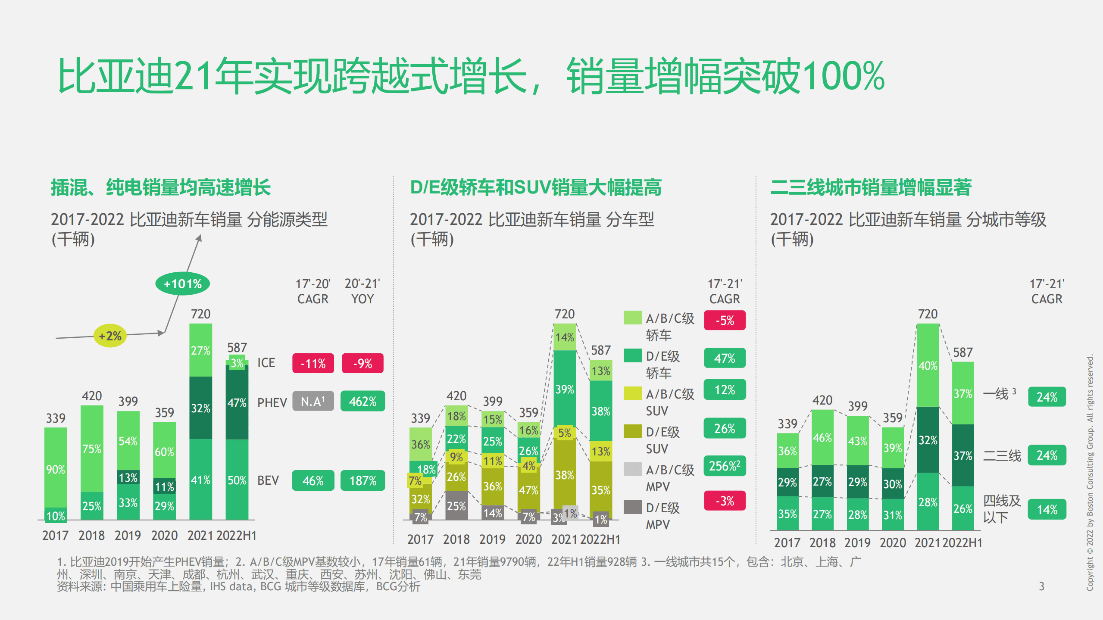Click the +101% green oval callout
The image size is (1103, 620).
point(182,284)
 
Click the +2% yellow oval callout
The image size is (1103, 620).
point(110,336)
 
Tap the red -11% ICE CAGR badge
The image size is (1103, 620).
point(313,363)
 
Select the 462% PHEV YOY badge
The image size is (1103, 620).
point(362,401)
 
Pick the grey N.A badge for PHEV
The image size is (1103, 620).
point(313,401)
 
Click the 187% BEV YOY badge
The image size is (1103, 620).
point(362,480)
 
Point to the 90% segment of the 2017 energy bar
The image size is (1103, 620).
point(56,469)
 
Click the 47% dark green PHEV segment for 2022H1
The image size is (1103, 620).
point(237,402)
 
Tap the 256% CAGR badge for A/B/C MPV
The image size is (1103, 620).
point(724,466)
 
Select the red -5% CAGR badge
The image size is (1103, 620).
point(724,320)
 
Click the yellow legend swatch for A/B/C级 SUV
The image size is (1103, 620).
point(632,393)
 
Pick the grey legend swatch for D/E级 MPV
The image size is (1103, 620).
point(632,507)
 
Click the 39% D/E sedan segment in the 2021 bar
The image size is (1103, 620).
point(564,389)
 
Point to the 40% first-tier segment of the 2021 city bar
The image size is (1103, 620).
point(928,365)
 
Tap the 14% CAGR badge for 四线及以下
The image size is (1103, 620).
point(1047,509)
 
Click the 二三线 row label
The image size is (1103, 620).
point(1002,455)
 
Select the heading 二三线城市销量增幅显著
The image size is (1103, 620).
point(871,187)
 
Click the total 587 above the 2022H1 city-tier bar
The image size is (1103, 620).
point(962,352)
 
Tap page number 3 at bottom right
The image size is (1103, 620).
point(1041,586)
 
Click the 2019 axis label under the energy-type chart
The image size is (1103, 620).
point(128,535)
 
